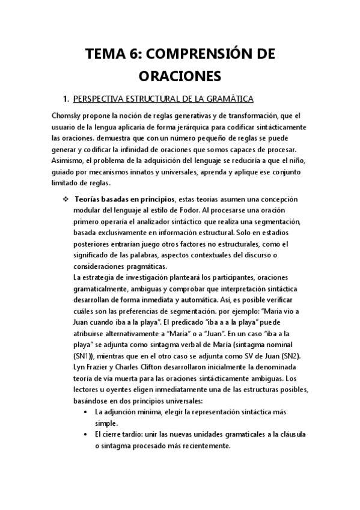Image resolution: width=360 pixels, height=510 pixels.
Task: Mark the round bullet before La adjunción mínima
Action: (x=88, y=411)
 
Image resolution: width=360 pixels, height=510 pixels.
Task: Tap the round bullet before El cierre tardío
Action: (x=88, y=434)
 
